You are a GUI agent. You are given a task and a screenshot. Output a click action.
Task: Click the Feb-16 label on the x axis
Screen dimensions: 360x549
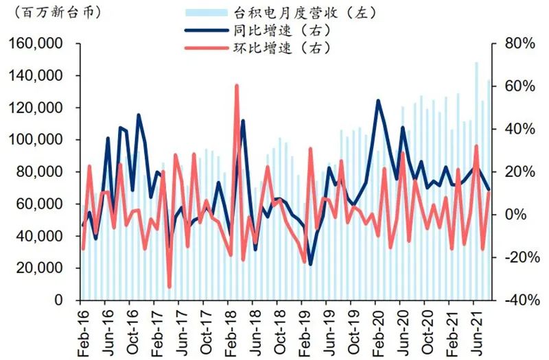tap(81, 333)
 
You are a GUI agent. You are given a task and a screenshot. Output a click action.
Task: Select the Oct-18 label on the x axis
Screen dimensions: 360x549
tap(277, 333)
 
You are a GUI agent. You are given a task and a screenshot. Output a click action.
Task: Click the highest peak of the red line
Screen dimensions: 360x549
tap(237, 86)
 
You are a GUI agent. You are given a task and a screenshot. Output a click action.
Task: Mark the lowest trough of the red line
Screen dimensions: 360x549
tap(169, 287)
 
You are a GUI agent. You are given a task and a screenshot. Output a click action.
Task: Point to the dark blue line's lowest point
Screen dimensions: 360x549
tap(310, 265)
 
